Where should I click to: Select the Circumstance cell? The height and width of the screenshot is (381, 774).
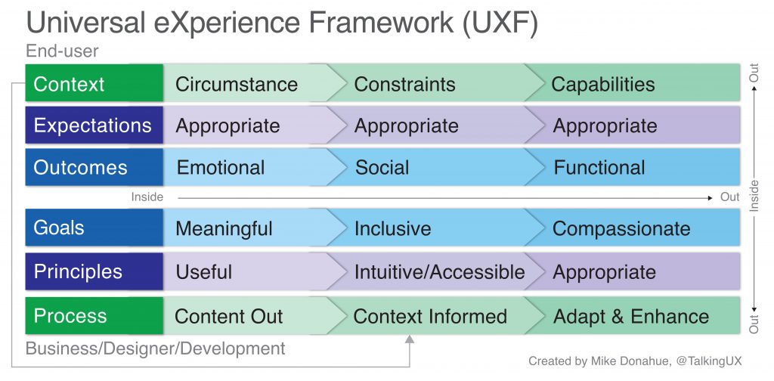pos(236,84)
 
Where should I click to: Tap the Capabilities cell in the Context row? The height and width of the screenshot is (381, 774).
pos(602,84)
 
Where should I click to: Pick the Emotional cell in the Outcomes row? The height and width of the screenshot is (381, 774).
pos(221,167)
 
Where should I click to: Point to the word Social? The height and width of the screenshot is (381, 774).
pos(382,167)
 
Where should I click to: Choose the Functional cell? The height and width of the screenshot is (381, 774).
pos(599,167)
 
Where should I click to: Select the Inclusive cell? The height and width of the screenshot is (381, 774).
pos(392,228)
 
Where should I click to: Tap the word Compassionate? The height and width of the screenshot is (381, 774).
pos(621,228)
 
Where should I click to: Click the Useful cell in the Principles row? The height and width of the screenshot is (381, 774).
pos(204,271)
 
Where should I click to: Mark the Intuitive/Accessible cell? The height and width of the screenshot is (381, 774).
pos(439,271)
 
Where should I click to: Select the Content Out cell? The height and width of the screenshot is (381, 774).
pos(228,316)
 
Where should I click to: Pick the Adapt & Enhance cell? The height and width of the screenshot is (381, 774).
pos(631,316)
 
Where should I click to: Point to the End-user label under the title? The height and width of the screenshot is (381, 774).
pos(62,51)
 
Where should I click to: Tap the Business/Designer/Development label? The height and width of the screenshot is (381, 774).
pos(156,348)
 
